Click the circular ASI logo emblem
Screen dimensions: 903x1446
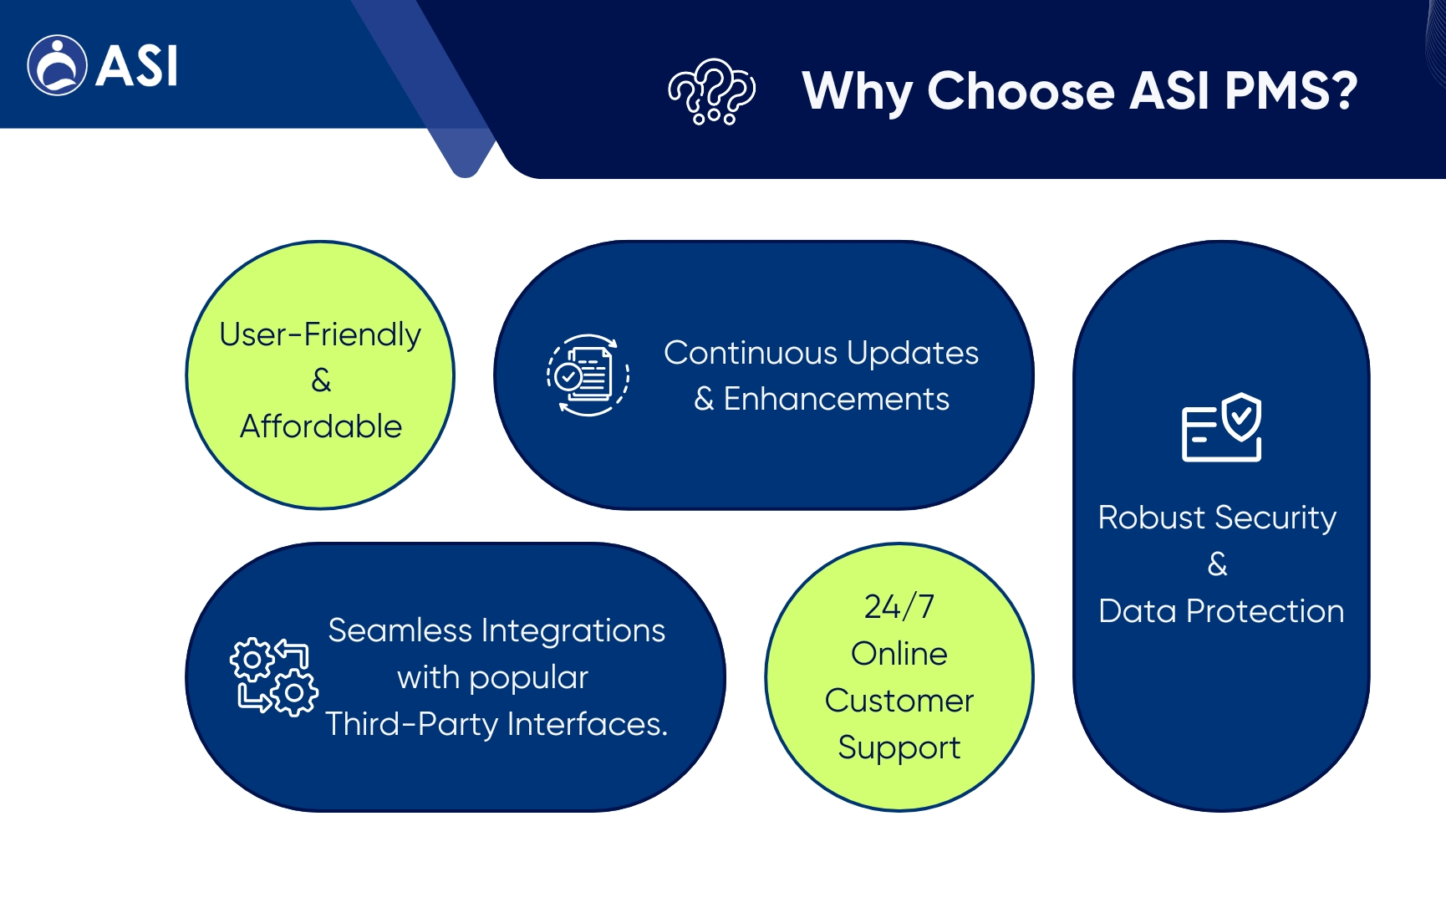tap(57, 65)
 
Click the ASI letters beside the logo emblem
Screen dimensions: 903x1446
tap(137, 66)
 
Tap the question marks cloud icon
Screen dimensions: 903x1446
tap(711, 91)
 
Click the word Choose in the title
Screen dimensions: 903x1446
tap(1021, 90)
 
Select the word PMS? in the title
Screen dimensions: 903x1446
tap(1291, 90)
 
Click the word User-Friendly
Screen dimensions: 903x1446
tap(320, 334)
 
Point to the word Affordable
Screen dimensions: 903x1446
tap(321, 426)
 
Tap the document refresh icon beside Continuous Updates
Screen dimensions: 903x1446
tap(588, 375)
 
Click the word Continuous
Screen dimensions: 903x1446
tap(750, 353)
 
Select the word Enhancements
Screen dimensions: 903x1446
tap(836, 399)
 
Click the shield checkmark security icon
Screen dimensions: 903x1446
tap(1221, 427)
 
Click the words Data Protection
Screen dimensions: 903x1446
tap(1221, 611)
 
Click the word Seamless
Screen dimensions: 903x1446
tap(400, 630)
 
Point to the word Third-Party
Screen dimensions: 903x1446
tap(411, 724)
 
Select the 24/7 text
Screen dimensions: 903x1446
tap(899, 607)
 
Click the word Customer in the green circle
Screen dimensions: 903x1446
tap(899, 701)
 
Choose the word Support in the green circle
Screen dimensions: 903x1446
tap(899, 747)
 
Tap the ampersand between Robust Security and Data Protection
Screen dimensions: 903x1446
tap(1218, 564)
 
